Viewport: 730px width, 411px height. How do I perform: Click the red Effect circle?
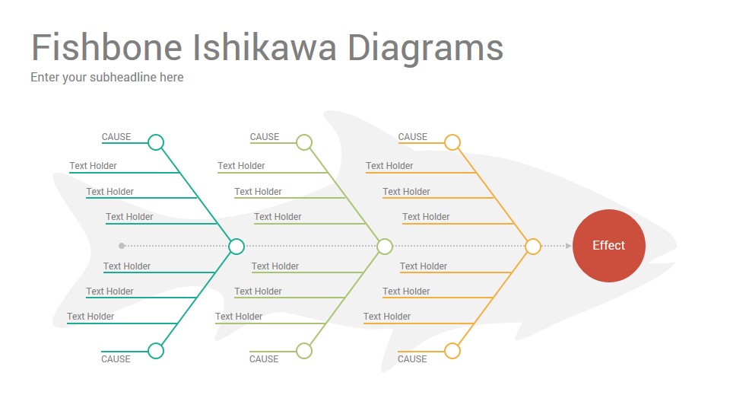(x=608, y=246)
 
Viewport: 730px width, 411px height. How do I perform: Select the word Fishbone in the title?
(x=106, y=47)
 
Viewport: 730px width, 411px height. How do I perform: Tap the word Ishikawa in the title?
(x=264, y=47)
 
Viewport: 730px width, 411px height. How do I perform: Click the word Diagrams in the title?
(x=426, y=49)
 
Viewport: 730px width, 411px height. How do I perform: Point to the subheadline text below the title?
(x=107, y=78)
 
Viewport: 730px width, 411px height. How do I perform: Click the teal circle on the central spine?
(x=236, y=246)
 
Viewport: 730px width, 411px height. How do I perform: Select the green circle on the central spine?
(x=385, y=246)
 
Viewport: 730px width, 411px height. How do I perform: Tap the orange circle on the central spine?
(x=533, y=246)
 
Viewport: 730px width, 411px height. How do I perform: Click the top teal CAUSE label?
(x=116, y=137)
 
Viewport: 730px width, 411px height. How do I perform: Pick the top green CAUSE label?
(x=265, y=137)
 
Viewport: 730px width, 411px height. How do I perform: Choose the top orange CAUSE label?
(x=412, y=137)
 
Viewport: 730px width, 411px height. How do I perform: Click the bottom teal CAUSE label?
(x=116, y=359)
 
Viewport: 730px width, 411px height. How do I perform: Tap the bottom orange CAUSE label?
(x=412, y=359)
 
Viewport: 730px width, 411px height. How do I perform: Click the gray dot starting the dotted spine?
(x=122, y=246)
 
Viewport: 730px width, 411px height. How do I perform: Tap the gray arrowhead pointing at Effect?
(x=569, y=246)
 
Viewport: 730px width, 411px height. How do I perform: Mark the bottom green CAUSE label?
(x=264, y=359)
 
